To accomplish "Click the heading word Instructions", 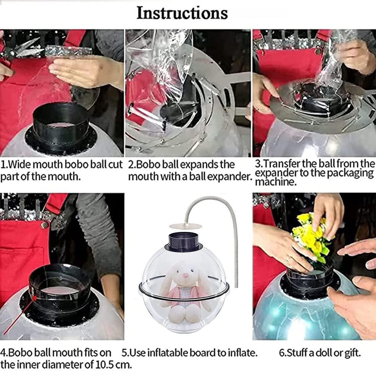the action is click(182, 13).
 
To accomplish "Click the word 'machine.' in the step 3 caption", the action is click(276, 182).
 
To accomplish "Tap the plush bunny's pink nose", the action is click(185, 276).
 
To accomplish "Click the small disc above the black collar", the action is click(185, 226).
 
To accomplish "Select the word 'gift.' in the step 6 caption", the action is click(353, 353).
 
